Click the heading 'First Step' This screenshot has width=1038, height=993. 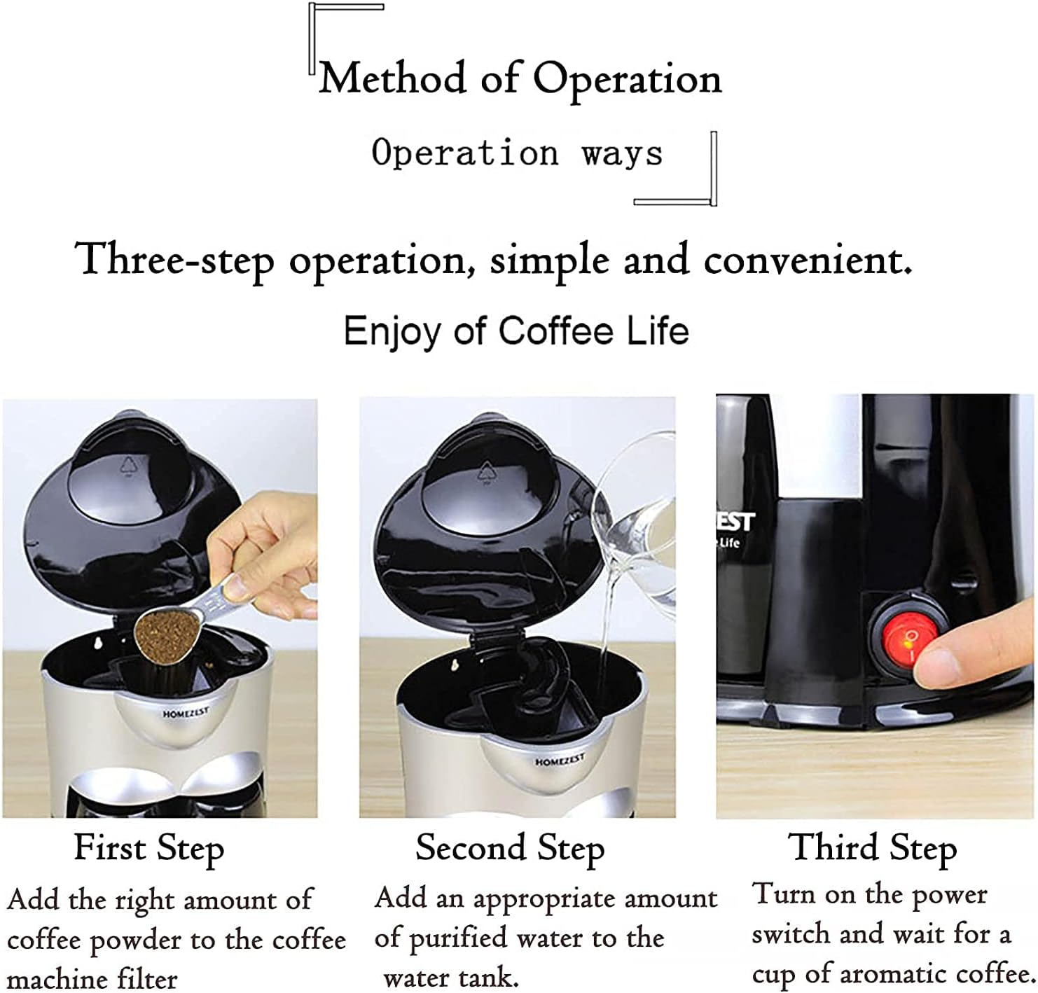tap(149, 848)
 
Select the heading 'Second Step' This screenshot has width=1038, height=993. tap(509, 848)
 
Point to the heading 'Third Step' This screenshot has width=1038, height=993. tap(872, 848)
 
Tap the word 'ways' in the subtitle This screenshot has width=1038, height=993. tap(621, 153)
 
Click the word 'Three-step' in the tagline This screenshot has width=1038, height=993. tap(174, 261)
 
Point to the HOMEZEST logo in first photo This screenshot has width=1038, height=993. tap(186, 714)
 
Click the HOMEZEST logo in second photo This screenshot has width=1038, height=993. tap(559, 761)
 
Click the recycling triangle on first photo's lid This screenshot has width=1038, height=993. tap(128, 466)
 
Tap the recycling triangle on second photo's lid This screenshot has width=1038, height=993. tap(486, 471)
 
